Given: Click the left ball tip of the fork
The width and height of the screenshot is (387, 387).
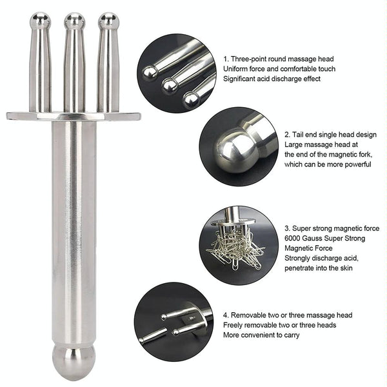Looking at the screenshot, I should coord(41,21).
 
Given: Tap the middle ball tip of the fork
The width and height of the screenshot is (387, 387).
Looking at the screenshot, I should coord(74,21).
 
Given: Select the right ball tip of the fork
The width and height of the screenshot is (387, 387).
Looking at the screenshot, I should coord(108,21).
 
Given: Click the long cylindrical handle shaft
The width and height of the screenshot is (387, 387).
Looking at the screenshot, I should coord(73,226).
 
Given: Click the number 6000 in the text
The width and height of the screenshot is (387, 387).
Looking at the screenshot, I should coord(293,239).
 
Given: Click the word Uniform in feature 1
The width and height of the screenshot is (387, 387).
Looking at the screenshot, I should coord(236,68).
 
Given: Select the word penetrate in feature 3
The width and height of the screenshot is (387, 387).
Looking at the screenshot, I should coord(301,268).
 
